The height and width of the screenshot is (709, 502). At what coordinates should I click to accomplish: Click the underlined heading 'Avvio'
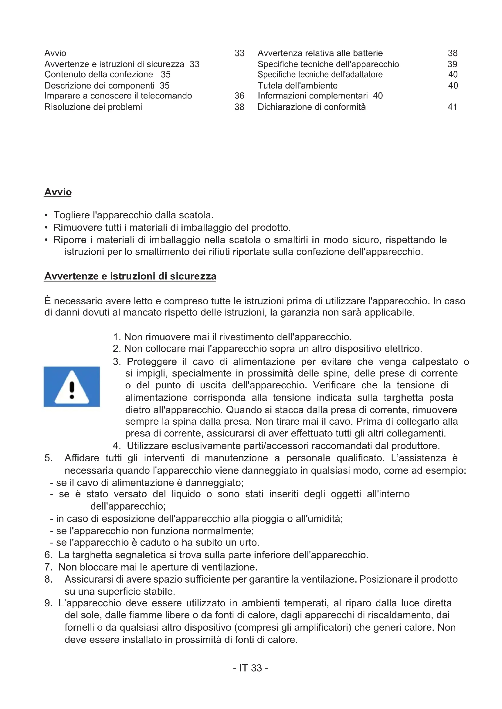tap(58, 192)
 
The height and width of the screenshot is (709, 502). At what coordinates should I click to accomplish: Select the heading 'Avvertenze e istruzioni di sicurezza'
tap(130, 276)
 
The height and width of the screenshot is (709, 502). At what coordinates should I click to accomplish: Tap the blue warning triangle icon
tap(72, 386)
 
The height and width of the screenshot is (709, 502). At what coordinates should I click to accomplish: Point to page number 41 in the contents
tap(452, 107)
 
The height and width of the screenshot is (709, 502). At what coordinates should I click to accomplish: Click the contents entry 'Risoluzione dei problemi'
tap(93, 107)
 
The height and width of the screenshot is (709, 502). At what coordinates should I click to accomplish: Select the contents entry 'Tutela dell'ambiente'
tap(297, 85)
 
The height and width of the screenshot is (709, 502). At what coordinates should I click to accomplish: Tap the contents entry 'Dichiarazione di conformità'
tap(312, 107)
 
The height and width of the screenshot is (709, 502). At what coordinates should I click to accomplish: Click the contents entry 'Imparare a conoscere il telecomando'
tap(118, 96)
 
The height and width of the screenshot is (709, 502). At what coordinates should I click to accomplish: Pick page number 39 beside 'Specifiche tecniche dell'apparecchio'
tap(452, 64)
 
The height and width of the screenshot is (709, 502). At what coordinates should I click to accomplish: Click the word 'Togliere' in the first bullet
tap(71, 215)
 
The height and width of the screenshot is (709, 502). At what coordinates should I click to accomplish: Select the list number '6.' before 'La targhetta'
tap(48, 555)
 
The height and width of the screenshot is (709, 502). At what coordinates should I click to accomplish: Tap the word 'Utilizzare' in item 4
tap(148, 446)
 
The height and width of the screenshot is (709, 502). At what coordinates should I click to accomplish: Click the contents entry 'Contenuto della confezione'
tap(99, 75)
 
